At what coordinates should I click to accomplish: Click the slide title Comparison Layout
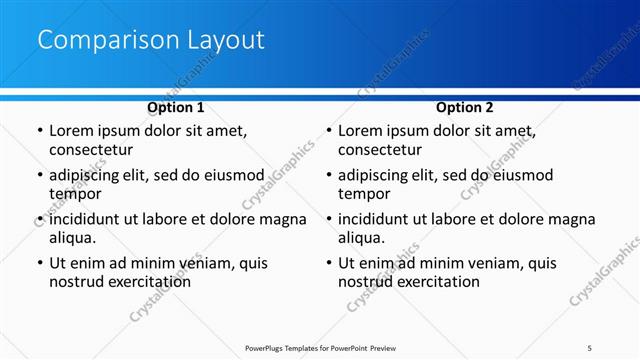(150, 40)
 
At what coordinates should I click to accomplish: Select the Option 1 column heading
(175, 107)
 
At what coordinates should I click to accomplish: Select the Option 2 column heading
(465, 107)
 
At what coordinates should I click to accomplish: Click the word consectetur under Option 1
(91, 150)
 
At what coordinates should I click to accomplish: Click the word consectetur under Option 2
(380, 150)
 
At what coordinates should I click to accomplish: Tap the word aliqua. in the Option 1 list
(73, 238)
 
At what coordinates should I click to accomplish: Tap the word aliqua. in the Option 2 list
(362, 238)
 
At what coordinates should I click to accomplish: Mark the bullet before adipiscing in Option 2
(329, 176)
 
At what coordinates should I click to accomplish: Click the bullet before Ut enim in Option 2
(329, 264)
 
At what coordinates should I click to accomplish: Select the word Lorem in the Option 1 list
(72, 131)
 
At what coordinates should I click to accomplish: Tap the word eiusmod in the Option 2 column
(520, 175)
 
